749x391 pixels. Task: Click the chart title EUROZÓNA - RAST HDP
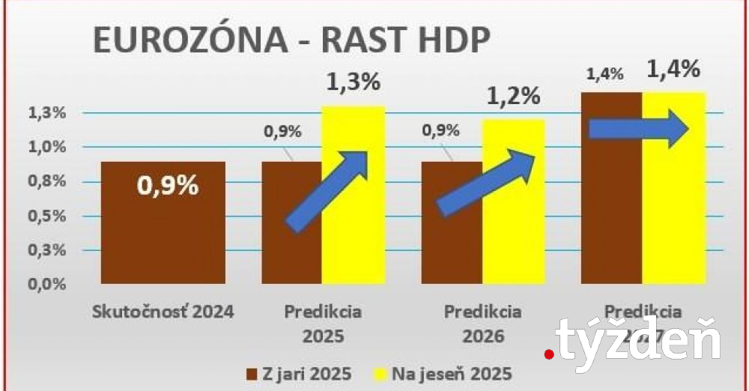(292, 40)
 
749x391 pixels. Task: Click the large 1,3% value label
(353, 82)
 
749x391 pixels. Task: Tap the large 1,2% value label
(513, 95)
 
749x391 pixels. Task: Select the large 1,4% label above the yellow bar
(673, 70)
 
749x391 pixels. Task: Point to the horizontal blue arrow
(638, 130)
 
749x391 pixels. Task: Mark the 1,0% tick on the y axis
(46, 147)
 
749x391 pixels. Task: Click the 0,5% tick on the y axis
(46, 216)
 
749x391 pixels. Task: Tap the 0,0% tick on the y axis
(46, 284)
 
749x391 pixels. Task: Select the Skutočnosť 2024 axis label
(163, 311)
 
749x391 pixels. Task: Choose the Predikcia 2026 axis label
(483, 322)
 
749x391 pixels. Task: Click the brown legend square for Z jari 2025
(252, 373)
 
